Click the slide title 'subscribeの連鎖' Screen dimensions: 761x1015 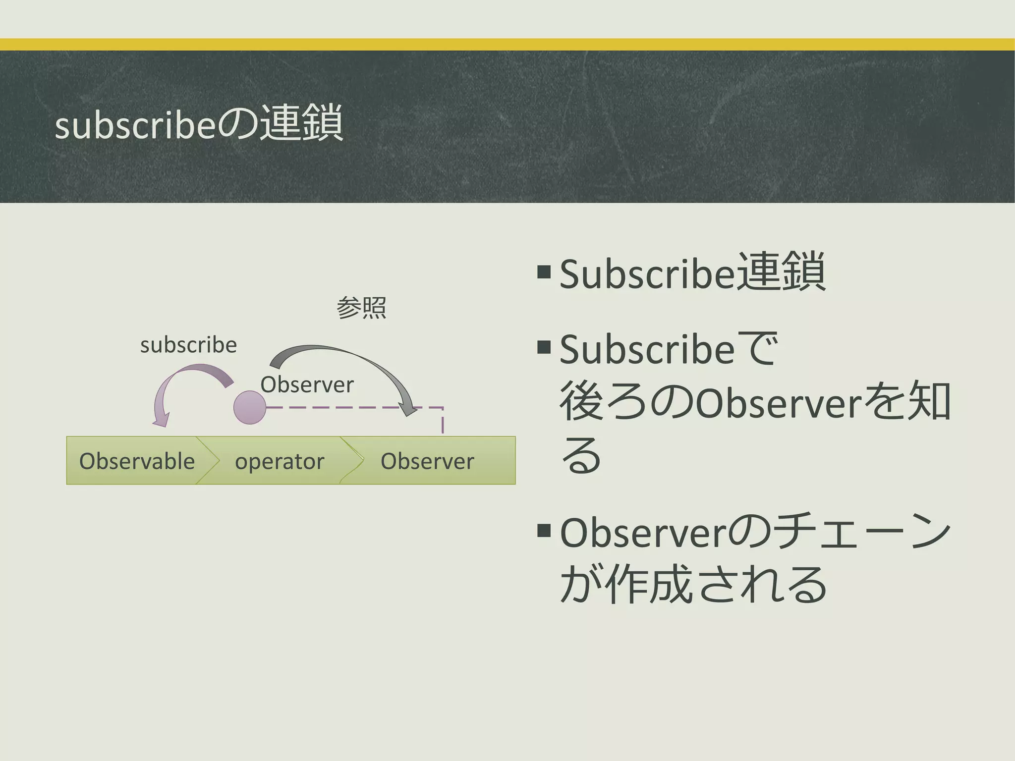pos(198,124)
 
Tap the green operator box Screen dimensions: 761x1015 pos(280,461)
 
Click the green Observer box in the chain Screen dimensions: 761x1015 pos(427,461)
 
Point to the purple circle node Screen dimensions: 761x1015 pos(250,407)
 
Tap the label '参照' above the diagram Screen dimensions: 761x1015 pos(361,308)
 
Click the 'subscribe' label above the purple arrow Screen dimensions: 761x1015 pos(188,345)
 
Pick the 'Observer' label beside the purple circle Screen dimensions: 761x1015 pos(307,384)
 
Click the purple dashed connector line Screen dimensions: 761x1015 pos(337,408)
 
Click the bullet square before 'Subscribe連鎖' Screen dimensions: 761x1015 pos(544,271)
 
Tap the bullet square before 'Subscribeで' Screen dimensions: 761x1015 pos(544,347)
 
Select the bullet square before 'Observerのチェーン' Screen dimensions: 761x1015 pos(544,531)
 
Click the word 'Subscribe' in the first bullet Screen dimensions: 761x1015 pos(646,274)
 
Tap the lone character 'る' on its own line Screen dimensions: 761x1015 pos(581,456)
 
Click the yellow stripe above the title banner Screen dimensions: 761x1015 pos(507,45)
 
